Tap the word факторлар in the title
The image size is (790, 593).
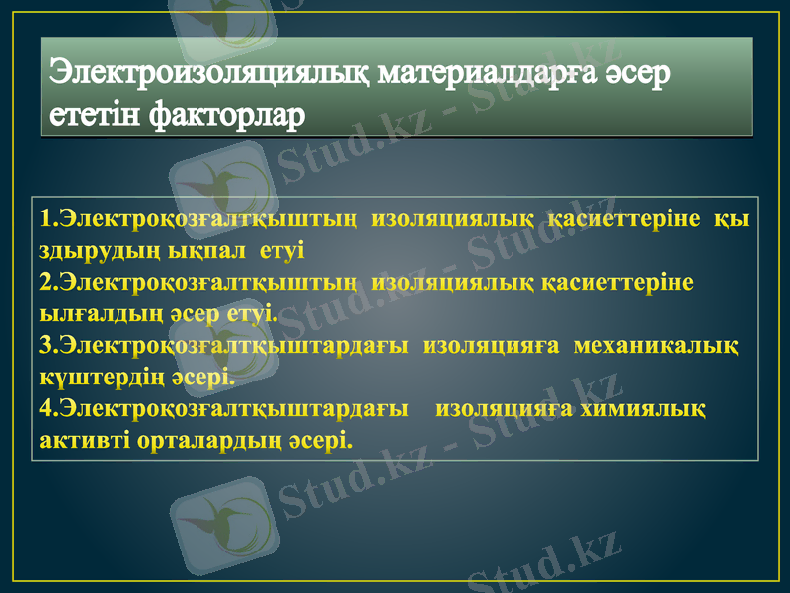226,116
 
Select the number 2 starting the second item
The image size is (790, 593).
46,283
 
